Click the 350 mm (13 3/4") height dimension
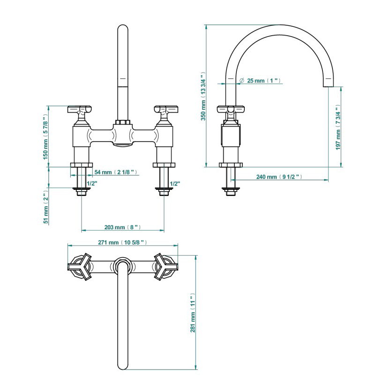pyautogui.click(x=203, y=96)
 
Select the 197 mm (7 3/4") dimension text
pyautogui.click(x=338, y=128)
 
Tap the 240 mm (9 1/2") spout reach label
pyautogui.click(x=279, y=177)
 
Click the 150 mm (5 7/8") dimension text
pyautogui.click(x=45, y=136)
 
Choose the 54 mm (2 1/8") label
pyautogui.click(x=116, y=172)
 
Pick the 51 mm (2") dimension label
pyautogui.click(x=46, y=207)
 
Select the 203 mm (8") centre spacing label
pyautogui.click(x=122, y=227)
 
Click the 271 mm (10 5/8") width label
pyautogui.click(x=122, y=242)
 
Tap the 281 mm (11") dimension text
pyautogui.click(x=193, y=312)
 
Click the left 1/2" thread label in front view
pyautogui.click(x=92, y=183)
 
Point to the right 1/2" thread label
pyautogui.click(x=175, y=183)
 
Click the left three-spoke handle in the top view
pyautogui.click(x=80, y=266)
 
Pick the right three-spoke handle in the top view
pyautogui.click(x=166, y=266)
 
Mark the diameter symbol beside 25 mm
pyautogui.click(x=242, y=80)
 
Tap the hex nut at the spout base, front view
pyautogui.click(x=123, y=122)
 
